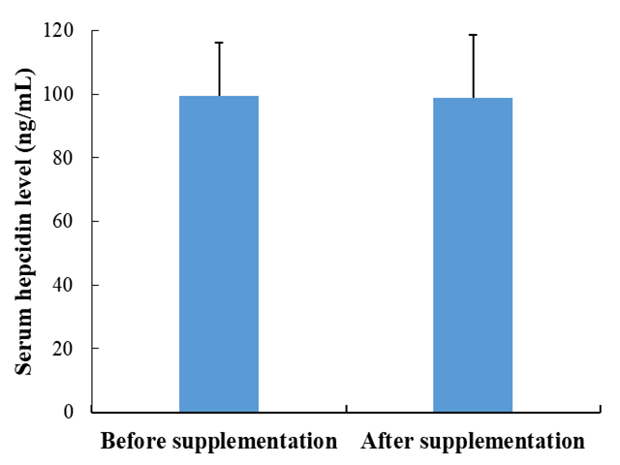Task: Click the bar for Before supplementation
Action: click(219, 254)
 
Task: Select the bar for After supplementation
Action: click(473, 255)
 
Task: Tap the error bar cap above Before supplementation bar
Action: click(219, 43)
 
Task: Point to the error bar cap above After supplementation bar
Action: click(473, 35)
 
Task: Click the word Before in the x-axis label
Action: click(134, 442)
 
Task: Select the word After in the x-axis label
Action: click(383, 442)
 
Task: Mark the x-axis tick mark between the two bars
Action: click(346, 416)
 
